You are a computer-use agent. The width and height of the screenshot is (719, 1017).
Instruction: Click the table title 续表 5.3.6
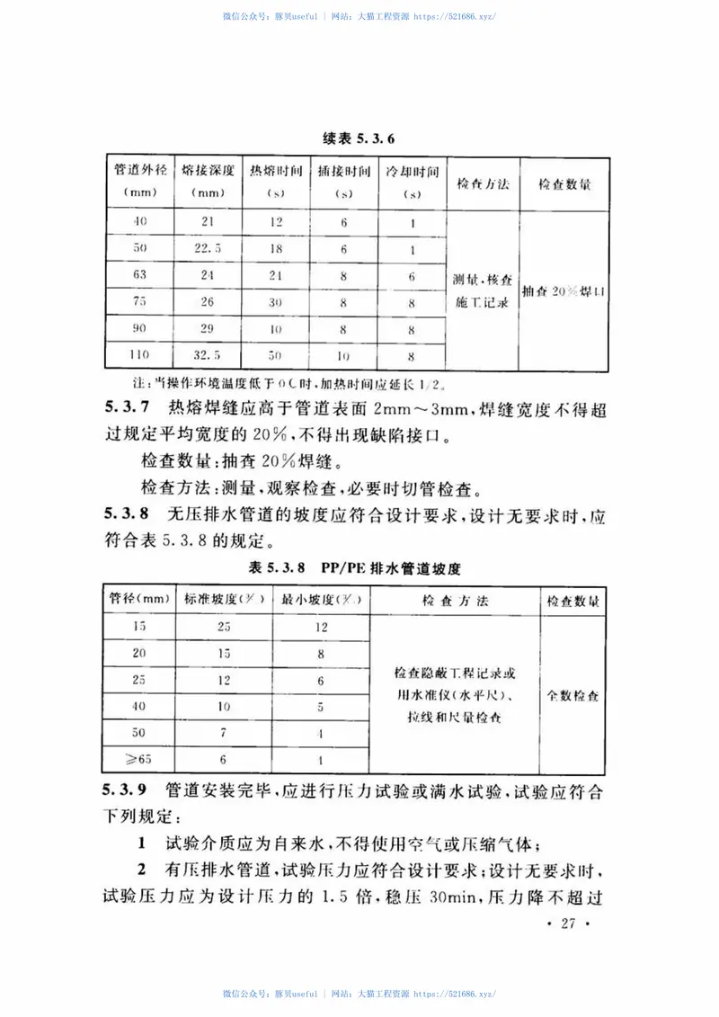(x=359, y=138)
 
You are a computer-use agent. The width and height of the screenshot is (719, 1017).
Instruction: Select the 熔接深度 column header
(x=208, y=181)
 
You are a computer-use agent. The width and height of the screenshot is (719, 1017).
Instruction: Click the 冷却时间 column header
(x=412, y=181)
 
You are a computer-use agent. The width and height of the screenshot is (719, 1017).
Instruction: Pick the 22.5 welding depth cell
(x=208, y=249)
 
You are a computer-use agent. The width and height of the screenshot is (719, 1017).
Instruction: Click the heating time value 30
(x=276, y=302)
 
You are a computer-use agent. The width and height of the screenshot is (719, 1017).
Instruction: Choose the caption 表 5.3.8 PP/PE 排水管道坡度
(x=359, y=567)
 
